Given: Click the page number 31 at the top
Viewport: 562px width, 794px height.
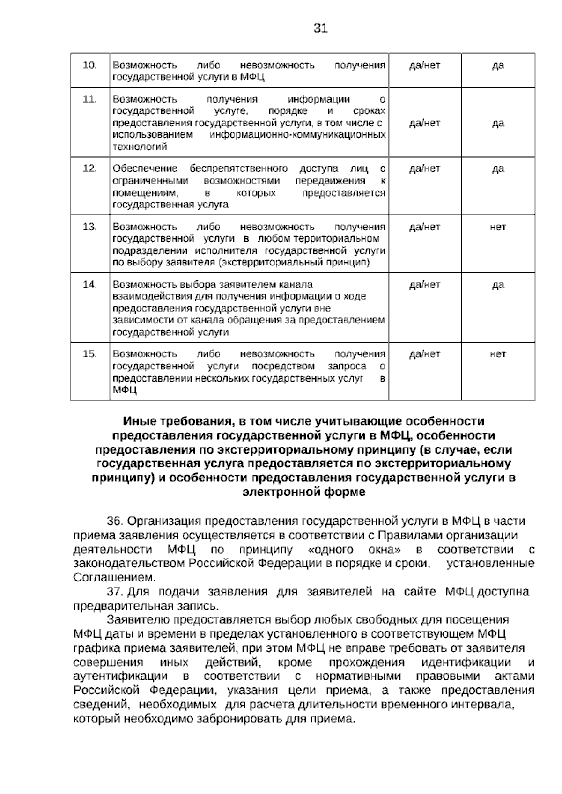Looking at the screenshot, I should tap(320, 29).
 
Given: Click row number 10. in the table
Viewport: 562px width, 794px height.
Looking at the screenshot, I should tap(90, 65).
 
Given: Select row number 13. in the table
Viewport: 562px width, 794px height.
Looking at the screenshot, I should tap(90, 227).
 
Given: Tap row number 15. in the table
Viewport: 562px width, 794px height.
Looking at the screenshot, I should tap(90, 354).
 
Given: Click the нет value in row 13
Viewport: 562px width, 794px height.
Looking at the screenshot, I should tap(498, 227).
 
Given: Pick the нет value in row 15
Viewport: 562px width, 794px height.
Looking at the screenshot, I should tap(498, 354).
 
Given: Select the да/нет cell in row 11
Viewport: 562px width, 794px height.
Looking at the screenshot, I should tap(424, 123).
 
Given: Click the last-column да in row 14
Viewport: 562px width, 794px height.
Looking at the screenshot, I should tap(498, 285).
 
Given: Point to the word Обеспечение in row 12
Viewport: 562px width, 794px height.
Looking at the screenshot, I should tap(145, 169).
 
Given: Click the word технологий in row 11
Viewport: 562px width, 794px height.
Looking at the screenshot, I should tap(140, 147).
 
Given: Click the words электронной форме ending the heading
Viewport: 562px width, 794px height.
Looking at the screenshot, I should tap(303, 492).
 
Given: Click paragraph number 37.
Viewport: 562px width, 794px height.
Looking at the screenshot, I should tap(115, 592).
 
